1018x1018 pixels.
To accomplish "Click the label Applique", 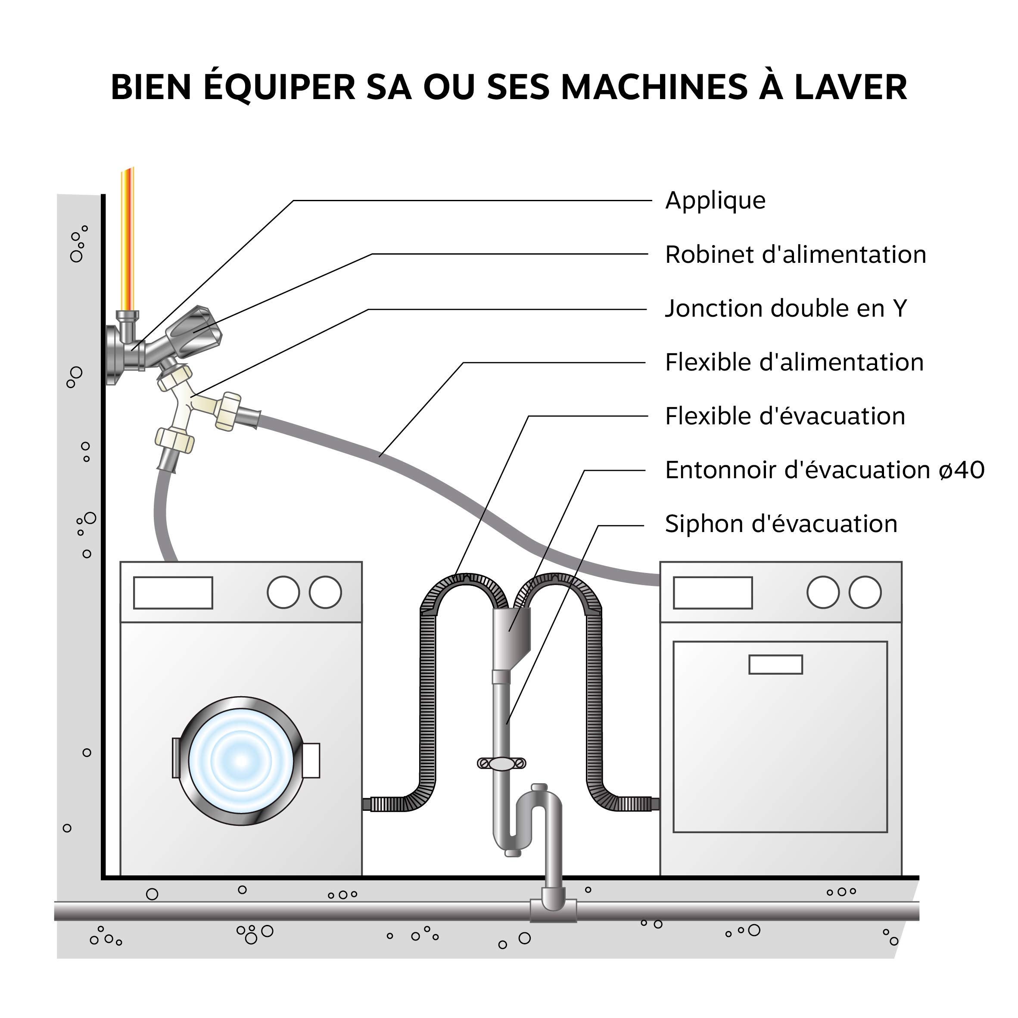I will point(715,201).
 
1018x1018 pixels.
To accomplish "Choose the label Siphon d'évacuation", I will point(780,524).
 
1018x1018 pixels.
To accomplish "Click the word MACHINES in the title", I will point(654,87).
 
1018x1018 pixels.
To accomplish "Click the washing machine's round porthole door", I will point(241,760).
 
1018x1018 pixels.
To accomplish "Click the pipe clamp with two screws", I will point(501,763).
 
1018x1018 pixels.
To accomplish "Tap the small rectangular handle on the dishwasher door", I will point(775,664).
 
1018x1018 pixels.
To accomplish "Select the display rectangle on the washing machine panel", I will point(173,593).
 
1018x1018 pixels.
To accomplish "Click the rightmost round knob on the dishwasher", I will point(865,592).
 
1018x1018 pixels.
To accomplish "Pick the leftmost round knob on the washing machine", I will point(283,592).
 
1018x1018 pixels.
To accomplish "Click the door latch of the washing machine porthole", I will point(311,760).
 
